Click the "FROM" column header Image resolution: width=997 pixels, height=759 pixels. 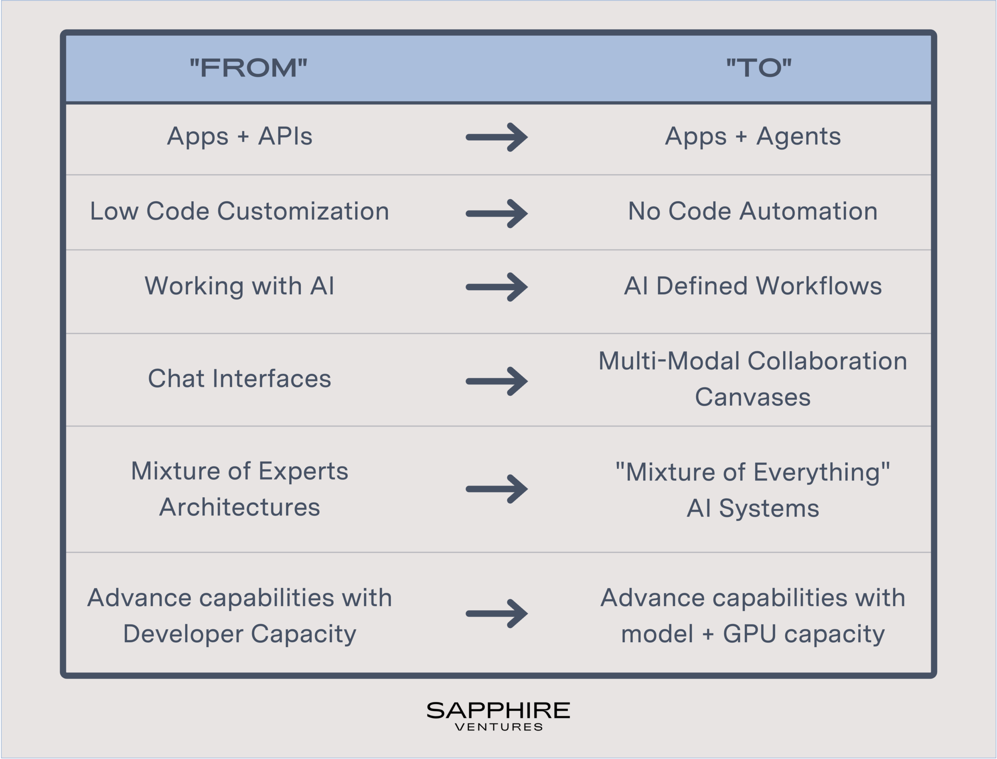(x=248, y=68)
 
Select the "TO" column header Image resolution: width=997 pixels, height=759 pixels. (x=759, y=68)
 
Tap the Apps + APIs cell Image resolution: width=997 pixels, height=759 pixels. (x=240, y=136)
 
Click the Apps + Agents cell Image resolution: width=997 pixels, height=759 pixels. (x=753, y=136)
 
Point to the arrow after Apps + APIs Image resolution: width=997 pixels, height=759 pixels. (x=497, y=137)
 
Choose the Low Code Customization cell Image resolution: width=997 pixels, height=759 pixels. (x=240, y=211)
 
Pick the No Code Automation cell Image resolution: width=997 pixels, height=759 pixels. (x=753, y=211)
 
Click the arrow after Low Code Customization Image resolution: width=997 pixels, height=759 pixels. (x=497, y=213)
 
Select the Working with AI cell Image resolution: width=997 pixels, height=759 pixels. (x=240, y=286)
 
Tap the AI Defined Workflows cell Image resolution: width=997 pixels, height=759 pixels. (x=753, y=286)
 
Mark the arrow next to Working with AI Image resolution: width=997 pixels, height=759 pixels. (x=497, y=287)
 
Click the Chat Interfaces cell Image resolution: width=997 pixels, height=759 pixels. (x=240, y=379)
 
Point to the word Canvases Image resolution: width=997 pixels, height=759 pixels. (x=753, y=397)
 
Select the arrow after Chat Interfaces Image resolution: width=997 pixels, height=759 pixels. (x=497, y=381)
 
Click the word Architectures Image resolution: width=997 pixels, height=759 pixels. (x=240, y=507)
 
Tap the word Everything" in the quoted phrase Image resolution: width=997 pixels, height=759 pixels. (x=822, y=473)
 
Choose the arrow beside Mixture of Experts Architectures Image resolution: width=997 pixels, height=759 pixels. (x=497, y=489)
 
